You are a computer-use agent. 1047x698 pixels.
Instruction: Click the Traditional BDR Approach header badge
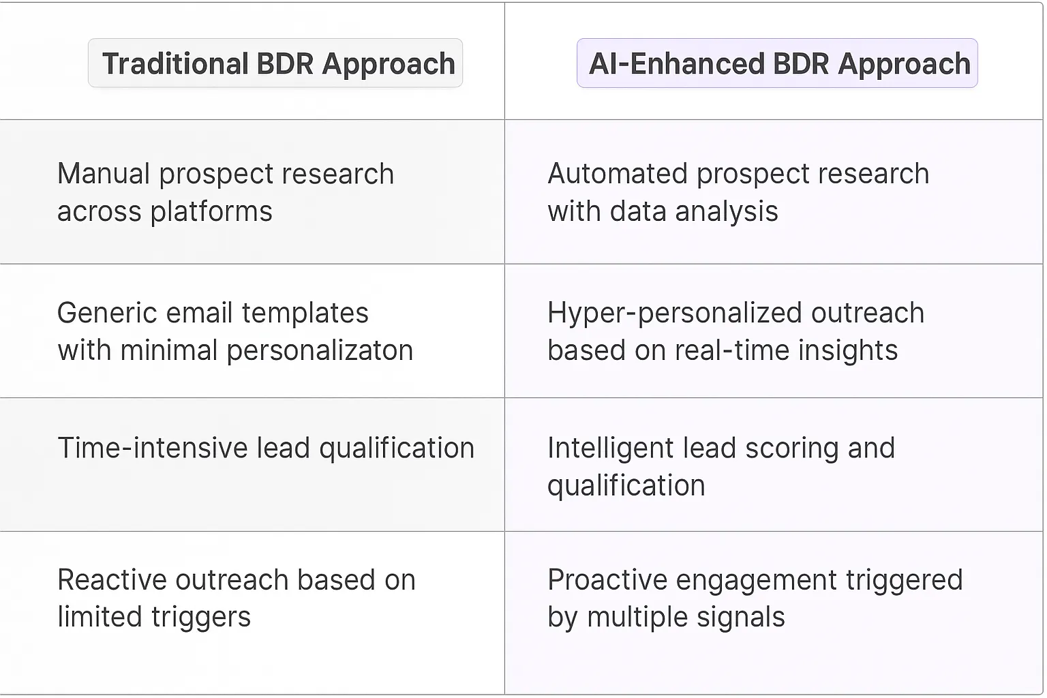coord(275,63)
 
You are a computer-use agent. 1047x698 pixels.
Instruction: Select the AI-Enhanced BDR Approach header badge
coord(777,63)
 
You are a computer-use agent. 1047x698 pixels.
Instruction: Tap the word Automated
coord(618,173)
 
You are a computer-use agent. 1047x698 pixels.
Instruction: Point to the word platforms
coord(211,212)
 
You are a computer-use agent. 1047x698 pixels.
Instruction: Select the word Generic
coord(107,313)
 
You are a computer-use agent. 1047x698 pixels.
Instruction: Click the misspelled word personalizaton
coord(320,351)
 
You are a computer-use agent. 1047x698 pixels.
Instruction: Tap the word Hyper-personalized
coord(675,313)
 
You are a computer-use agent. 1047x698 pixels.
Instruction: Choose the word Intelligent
coord(611,448)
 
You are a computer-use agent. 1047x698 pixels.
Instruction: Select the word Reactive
coord(112,580)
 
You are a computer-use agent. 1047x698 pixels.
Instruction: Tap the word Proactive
coord(607,580)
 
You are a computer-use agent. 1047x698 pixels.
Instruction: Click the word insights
coord(848,351)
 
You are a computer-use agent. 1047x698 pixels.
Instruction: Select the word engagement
coord(756,581)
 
